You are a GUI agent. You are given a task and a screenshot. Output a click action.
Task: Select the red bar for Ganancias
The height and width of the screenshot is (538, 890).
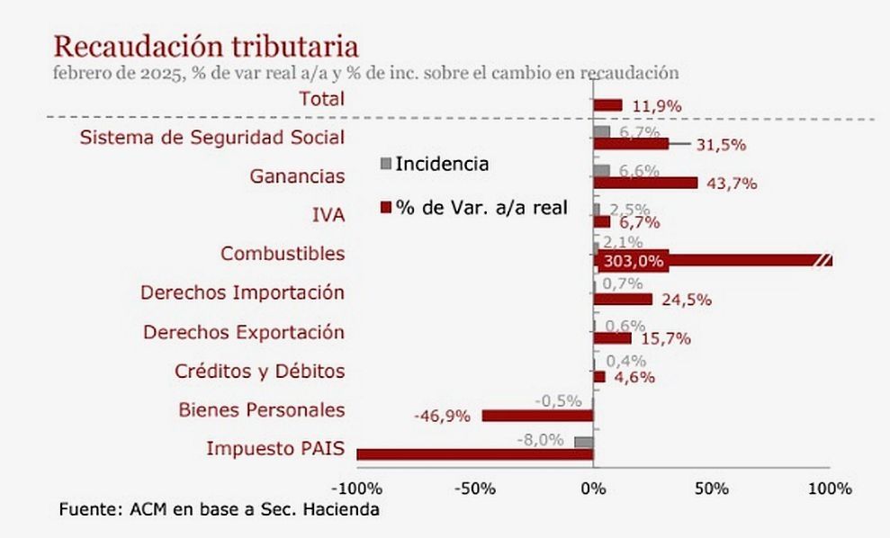(x=645, y=184)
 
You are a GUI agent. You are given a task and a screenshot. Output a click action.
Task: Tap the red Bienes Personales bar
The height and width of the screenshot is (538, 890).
(x=537, y=416)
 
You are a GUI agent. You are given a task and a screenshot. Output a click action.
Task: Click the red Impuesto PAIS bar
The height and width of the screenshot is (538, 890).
(x=474, y=454)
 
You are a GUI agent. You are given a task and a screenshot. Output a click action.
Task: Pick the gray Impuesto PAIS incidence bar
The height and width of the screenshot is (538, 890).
(x=583, y=442)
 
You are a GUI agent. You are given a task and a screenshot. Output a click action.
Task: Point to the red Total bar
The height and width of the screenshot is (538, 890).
(x=607, y=105)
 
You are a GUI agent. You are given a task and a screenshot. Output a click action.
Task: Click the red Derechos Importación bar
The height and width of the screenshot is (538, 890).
(x=623, y=300)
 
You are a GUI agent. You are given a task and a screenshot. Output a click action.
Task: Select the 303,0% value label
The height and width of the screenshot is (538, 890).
(x=634, y=262)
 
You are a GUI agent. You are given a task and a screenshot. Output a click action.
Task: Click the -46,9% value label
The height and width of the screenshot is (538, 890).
(x=443, y=416)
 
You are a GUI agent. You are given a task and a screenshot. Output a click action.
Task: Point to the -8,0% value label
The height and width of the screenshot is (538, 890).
(x=540, y=440)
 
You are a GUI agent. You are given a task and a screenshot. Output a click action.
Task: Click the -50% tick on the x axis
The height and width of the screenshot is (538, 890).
(x=474, y=489)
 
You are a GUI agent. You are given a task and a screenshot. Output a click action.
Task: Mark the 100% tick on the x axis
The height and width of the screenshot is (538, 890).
(x=829, y=489)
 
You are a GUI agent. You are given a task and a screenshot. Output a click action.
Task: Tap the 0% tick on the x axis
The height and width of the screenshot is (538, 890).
(x=593, y=489)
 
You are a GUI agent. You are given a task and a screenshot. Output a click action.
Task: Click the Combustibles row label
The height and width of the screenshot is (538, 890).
(x=283, y=254)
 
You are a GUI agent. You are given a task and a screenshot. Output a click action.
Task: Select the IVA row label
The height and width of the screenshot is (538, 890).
(x=326, y=215)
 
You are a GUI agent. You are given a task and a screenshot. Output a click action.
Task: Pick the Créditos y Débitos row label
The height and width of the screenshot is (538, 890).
(x=259, y=371)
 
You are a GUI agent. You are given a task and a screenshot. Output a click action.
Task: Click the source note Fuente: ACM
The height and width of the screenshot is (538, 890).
(x=220, y=510)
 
